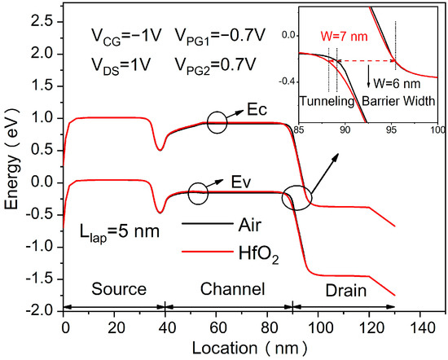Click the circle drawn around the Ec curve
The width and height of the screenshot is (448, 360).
coord(217,123)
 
